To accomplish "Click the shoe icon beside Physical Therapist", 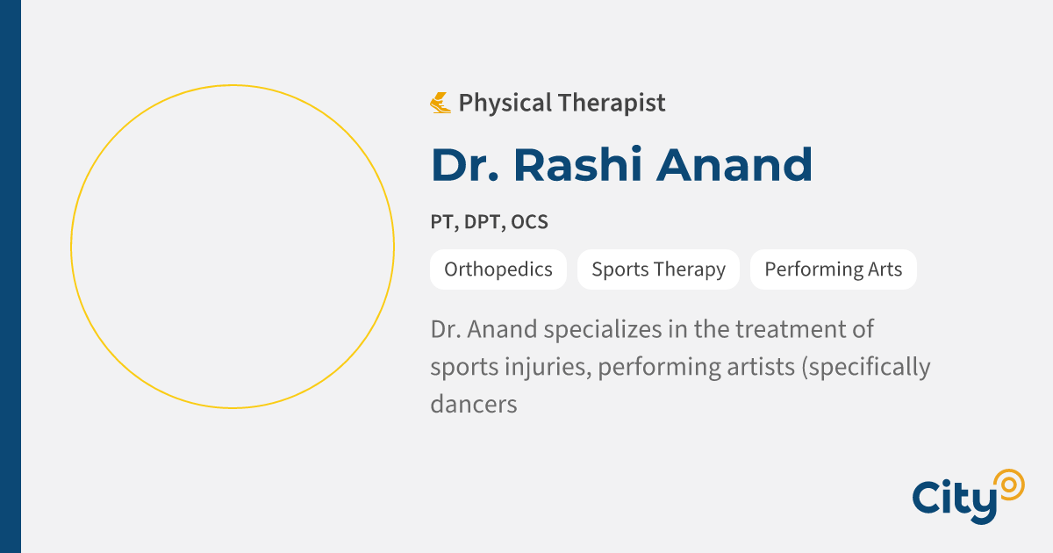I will pos(441,103).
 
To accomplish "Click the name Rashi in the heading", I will pos(580,164).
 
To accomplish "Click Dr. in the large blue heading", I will pos(464,164).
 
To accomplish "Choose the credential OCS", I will pos(530,222).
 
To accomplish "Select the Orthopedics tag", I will pos(498,269).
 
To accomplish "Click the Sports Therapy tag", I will pos(658,269).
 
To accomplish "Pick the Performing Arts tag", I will pos(833,269).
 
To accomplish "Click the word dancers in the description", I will pos(473,404).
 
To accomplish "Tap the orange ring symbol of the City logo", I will pos(1007,484).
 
